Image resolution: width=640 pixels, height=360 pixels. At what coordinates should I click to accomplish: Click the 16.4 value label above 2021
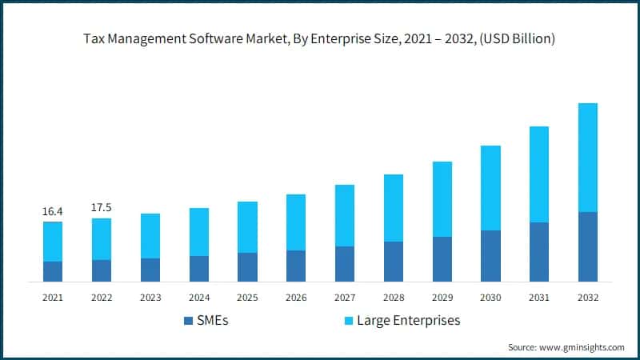click(53, 211)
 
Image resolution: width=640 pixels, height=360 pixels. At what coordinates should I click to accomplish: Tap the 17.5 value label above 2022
click(102, 208)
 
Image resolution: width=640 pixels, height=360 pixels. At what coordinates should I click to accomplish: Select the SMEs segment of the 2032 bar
click(588, 246)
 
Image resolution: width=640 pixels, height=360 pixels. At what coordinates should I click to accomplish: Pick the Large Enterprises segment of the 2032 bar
click(588, 158)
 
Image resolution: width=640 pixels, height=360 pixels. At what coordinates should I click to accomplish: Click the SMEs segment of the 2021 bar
click(53, 271)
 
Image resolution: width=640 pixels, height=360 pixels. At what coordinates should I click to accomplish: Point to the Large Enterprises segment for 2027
click(345, 215)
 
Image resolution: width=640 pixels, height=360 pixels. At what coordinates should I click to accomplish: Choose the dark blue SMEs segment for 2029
click(442, 259)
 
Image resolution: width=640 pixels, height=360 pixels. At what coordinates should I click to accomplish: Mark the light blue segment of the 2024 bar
click(199, 232)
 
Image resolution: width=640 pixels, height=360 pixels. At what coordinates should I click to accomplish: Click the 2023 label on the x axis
click(150, 298)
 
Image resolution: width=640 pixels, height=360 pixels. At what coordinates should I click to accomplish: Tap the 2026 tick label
click(296, 298)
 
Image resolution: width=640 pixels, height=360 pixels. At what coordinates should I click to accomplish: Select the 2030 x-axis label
click(490, 298)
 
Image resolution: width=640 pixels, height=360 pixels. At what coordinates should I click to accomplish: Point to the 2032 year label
click(588, 298)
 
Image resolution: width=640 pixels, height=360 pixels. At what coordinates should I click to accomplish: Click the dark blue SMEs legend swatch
click(189, 321)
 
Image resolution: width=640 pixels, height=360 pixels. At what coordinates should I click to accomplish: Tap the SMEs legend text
click(214, 321)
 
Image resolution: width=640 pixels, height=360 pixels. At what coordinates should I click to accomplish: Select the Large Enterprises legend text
click(409, 321)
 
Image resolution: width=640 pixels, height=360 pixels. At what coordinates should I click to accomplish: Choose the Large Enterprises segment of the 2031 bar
click(539, 174)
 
